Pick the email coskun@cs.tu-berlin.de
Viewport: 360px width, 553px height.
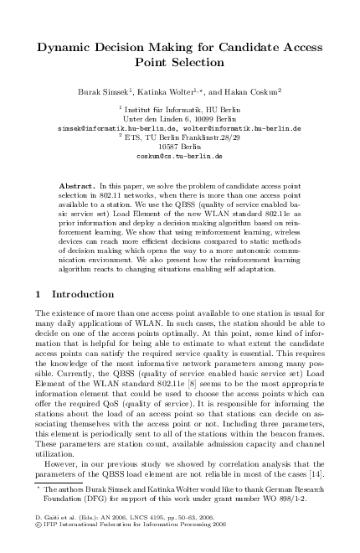point(180,156)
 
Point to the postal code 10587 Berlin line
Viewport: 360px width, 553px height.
point(180,147)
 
